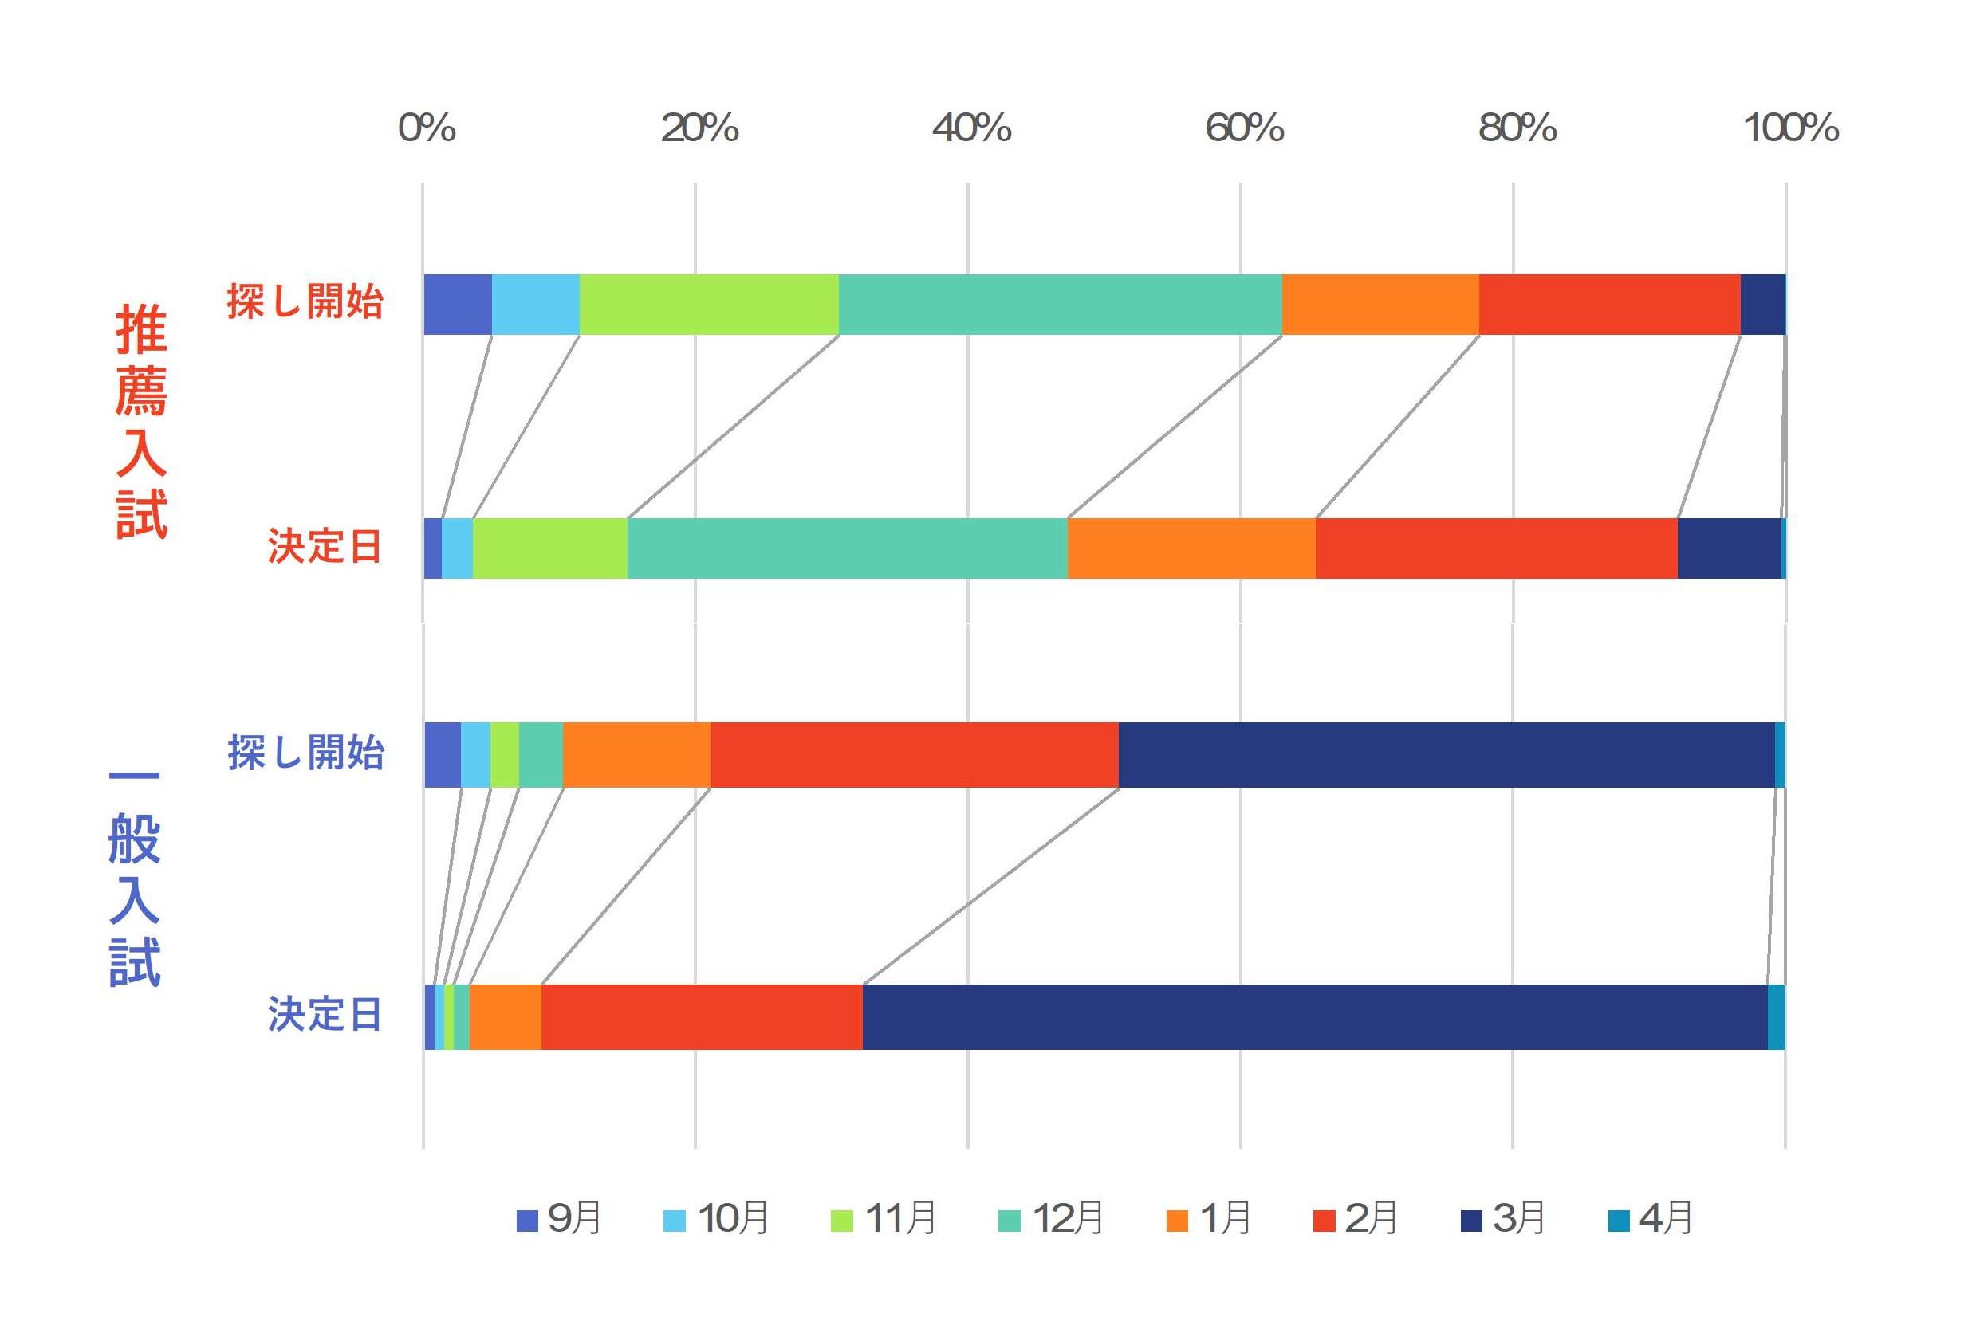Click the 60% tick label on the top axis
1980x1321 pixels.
[x=1244, y=128]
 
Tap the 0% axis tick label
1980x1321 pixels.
[x=427, y=128]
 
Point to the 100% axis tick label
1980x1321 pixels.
[x=1790, y=128]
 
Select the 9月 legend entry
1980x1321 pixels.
[x=559, y=1218]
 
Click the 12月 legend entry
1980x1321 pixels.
[x=1051, y=1218]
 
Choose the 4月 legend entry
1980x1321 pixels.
[x=1651, y=1218]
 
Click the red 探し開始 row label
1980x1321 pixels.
[x=305, y=301]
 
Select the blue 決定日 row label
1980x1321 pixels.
[x=325, y=1014]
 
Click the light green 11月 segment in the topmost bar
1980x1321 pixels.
[x=710, y=304]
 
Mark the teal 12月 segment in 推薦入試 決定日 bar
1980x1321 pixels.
[x=848, y=548]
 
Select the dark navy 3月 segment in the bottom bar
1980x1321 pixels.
[x=1315, y=1017]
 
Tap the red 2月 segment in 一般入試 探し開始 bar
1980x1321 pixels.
[x=914, y=755]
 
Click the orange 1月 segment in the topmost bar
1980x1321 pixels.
[x=1381, y=304]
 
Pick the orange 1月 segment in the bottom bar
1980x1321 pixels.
[x=506, y=1017]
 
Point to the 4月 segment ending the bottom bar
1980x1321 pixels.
[x=1776, y=1017]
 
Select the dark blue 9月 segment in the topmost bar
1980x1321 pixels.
[x=459, y=304]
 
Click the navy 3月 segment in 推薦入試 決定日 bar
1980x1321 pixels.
[x=1730, y=548]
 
